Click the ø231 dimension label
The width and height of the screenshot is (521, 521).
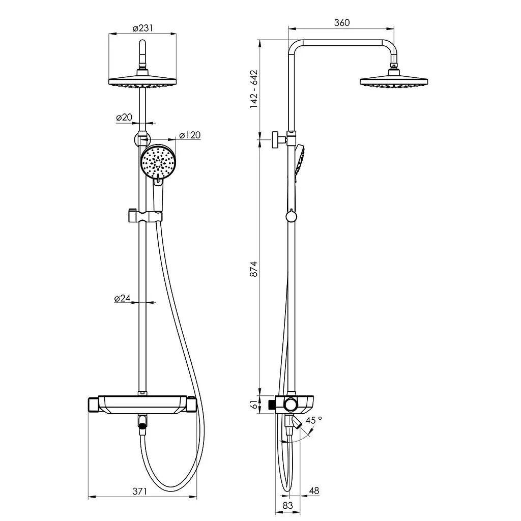pos(143,28)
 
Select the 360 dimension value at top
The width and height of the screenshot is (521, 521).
pos(341,22)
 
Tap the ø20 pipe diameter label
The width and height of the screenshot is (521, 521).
pos(124,118)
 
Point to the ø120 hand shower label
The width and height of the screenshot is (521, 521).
pos(190,135)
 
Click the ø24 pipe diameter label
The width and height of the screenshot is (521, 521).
pos(122,298)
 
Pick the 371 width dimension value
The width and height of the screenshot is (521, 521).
pos(139,491)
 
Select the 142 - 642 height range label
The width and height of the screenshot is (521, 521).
pos(254,89)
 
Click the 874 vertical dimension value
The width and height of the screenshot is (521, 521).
pos(254,269)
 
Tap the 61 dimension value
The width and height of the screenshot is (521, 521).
pos(254,404)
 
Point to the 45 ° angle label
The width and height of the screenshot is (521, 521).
pos(313,420)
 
